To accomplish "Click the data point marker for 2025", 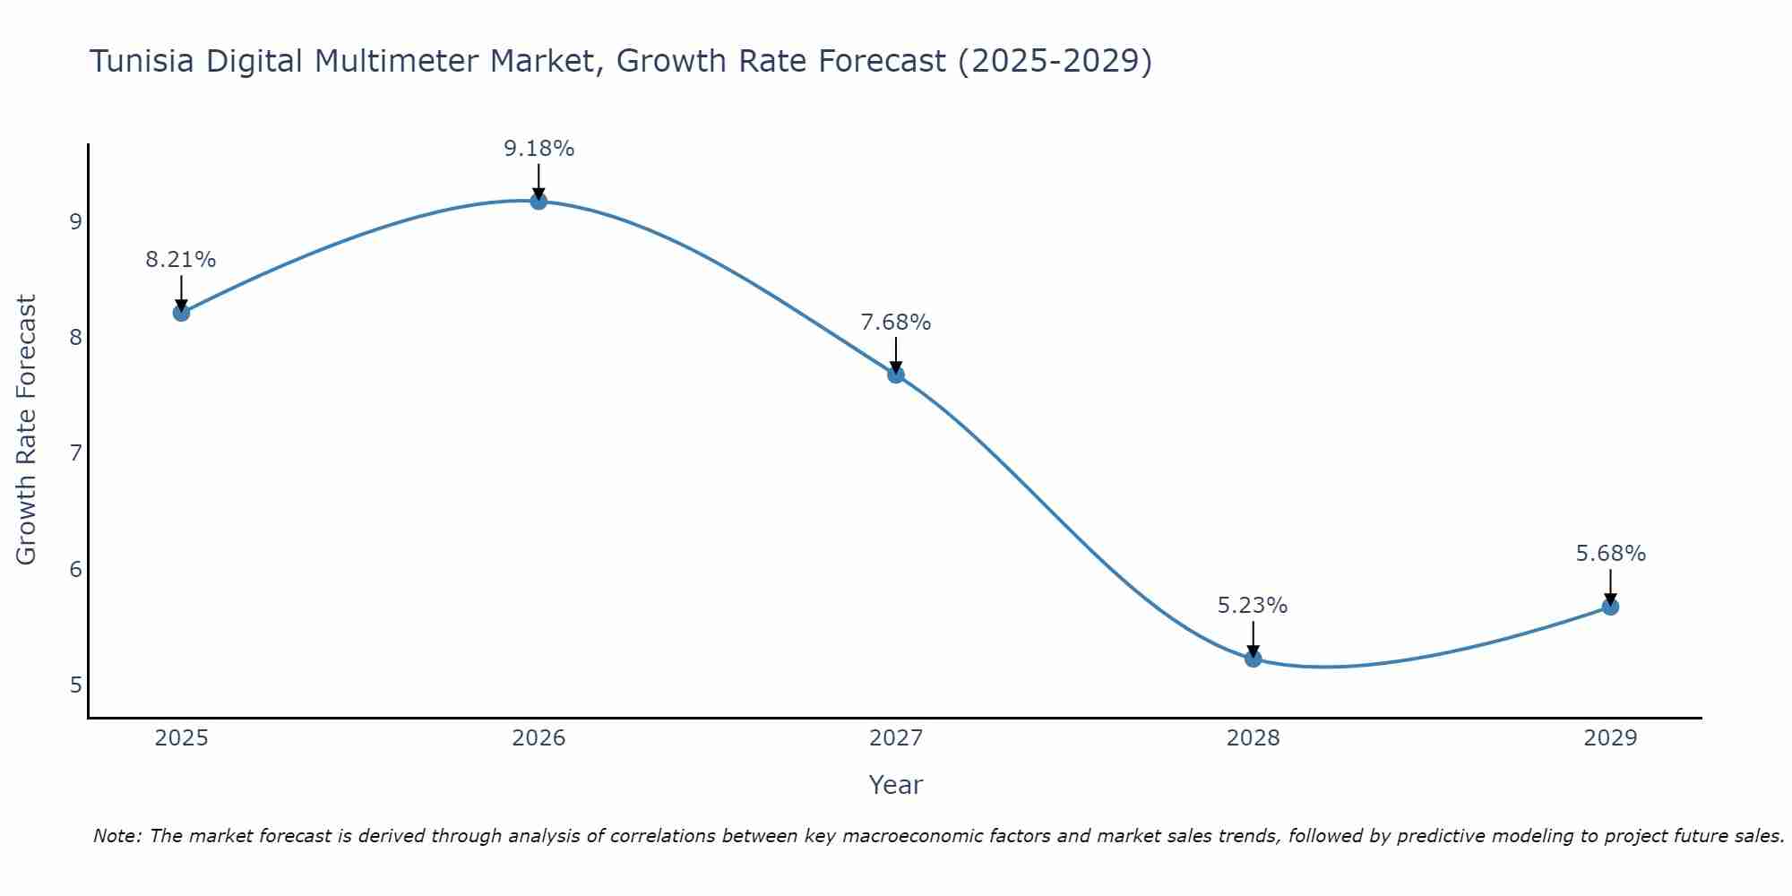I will coord(181,313).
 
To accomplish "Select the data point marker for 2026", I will coord(538,202).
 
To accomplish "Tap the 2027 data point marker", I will coord(896,375).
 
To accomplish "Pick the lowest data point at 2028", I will coord(1253,659).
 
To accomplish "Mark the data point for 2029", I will coord(1610,607).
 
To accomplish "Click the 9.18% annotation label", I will coord(538,149).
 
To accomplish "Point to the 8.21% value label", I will coord(181,260).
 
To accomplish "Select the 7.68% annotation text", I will coord(896,323).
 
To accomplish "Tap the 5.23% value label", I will coord(1253,606).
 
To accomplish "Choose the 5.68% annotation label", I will coord(1610,554).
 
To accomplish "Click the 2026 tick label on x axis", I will coord(538,738).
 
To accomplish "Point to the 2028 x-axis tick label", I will coord(1253,738).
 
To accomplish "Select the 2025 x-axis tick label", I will coord(181,738).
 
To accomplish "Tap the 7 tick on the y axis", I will coord(75,453).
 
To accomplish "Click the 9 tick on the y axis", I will coord(75,221).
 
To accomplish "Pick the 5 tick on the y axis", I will coord(75,685).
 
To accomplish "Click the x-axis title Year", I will coord(895,785).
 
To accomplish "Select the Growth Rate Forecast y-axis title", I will coord(27,430).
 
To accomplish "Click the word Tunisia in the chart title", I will coord(142,61).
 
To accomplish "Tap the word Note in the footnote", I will coord(116,836).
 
